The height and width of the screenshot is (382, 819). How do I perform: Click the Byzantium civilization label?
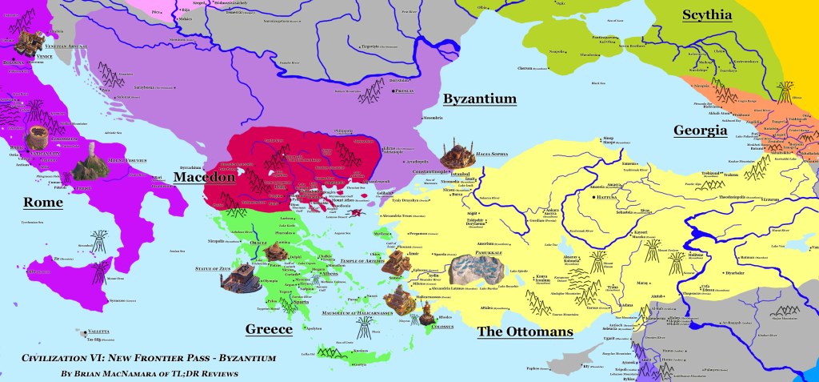[x=479, y=99]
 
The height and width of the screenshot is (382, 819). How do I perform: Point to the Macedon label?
[x=204, y=177]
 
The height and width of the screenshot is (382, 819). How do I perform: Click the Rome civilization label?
[x=43, y=203]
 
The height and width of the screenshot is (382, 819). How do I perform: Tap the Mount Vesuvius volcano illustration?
[x=90, y=159]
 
